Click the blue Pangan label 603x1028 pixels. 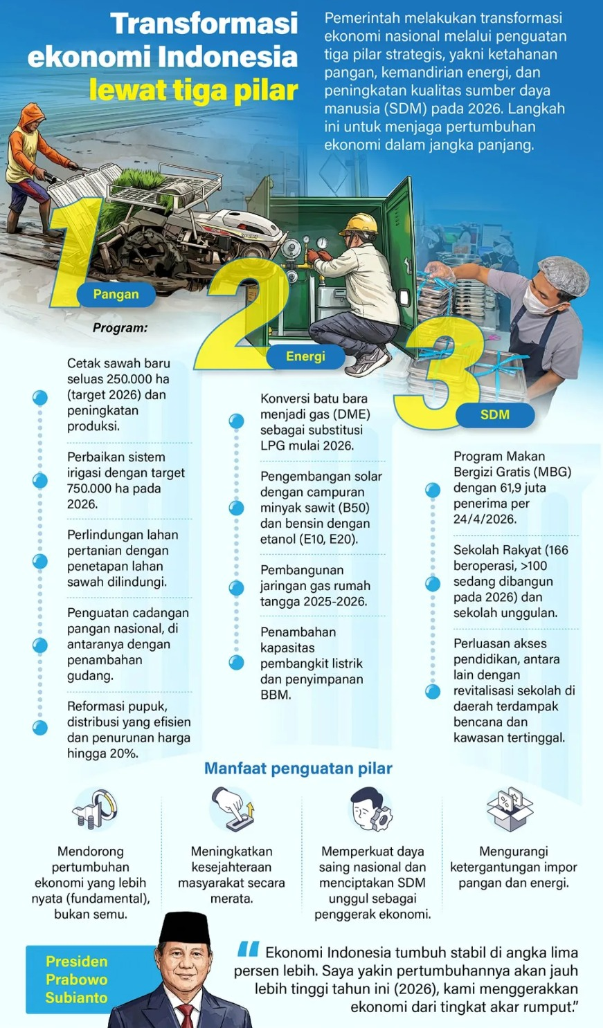coord(116,294)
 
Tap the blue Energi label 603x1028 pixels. coord(305,356)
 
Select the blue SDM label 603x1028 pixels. coord(495,414)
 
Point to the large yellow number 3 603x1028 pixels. coord(433,377)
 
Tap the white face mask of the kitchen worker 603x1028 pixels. coord(537,297)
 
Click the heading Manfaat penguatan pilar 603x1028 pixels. coord(298,769)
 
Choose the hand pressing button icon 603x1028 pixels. coord(233,808)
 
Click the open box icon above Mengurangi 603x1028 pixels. coord(510,808)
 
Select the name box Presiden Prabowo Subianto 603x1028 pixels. coord(76,980)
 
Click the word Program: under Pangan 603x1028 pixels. coord(120,328)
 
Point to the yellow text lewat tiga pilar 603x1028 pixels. coord(194,91)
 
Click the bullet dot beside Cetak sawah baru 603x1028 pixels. coord(40,398)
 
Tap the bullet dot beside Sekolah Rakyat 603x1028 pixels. coord(433,584)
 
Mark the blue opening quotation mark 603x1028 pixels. coord(249,950)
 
